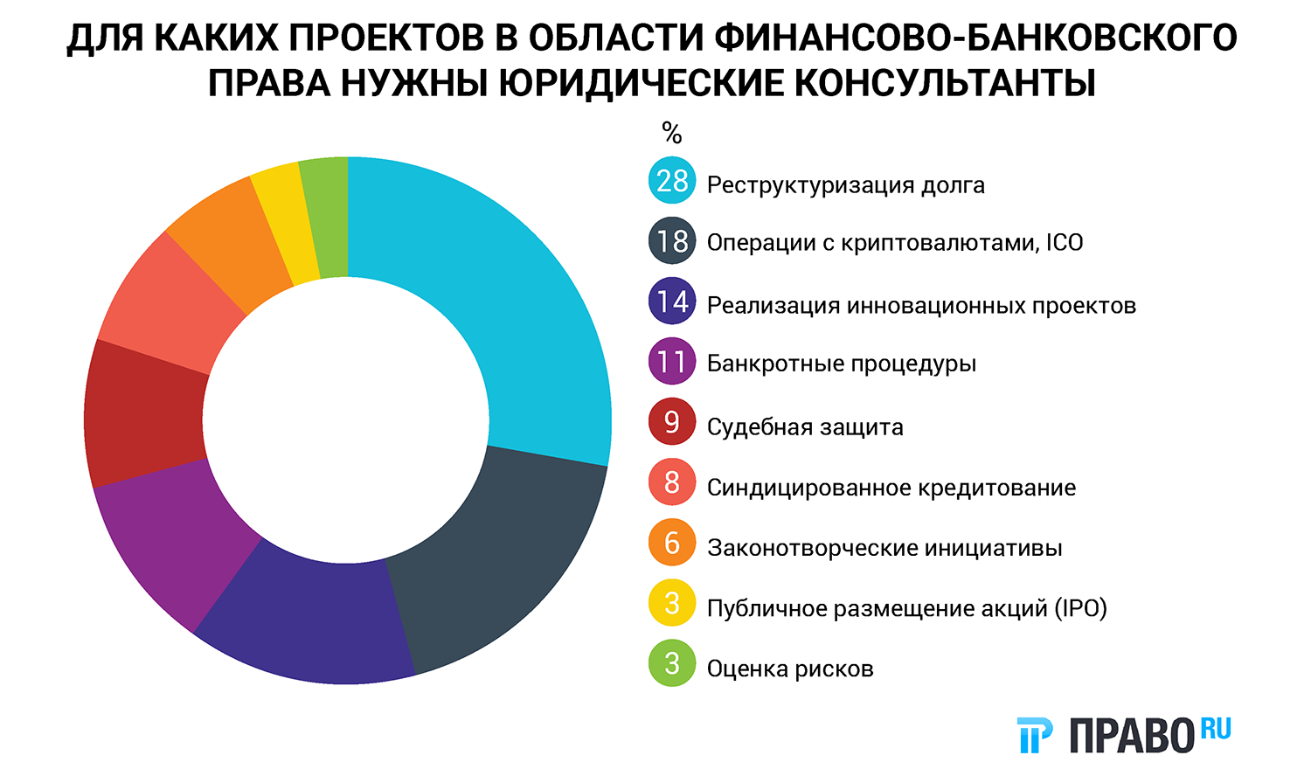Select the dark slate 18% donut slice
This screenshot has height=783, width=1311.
coord(489,559)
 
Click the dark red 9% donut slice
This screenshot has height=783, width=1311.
coord(144,415)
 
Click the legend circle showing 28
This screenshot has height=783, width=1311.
coord(672,181)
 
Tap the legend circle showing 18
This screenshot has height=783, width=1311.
coord(672,241)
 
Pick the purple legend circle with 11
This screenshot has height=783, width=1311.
coord(672,362)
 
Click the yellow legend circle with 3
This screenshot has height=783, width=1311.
coord(672,603)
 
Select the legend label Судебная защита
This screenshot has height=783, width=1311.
coord(805,427)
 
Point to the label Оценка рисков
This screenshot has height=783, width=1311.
coord(790,669)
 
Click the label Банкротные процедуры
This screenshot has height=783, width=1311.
coord(841,364)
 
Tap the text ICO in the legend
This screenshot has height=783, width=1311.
coord(1065,242)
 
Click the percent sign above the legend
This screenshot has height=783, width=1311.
coord(671,133)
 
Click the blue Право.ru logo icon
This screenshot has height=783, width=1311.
coord(1035,735)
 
